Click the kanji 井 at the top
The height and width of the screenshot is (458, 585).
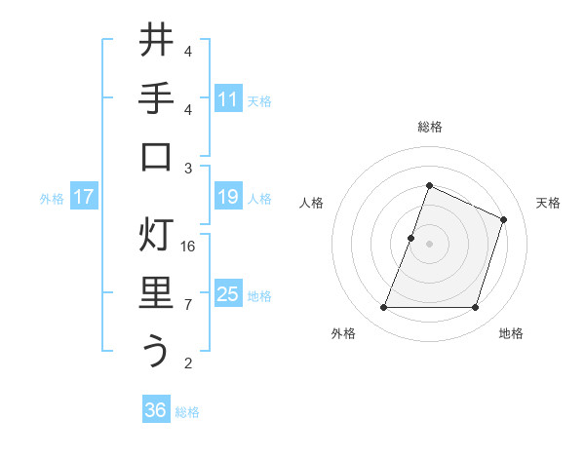click(156, 43)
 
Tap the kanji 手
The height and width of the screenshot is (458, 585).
click(156, 100)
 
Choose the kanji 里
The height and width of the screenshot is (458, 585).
click(156, 293)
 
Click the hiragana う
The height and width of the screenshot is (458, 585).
click(156, 351)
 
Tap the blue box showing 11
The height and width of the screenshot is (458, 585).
click(228, 99)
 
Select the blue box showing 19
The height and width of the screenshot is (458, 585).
click(228, 198)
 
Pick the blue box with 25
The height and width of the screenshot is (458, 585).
click(228, 294)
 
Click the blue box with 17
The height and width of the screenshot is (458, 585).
click(84, 198)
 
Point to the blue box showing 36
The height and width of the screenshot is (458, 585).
click(156, 411)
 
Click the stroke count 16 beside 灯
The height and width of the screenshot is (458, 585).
click(188, 247)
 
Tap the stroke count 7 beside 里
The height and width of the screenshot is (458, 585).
click(188, 305)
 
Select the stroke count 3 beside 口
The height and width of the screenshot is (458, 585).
click(188, 169)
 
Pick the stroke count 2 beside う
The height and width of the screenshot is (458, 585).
click(188, 363)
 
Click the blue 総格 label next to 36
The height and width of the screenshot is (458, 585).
click(187, 412)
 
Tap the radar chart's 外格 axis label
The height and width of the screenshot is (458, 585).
click(342, 334)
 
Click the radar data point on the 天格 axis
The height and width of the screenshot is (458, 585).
click(504, 219)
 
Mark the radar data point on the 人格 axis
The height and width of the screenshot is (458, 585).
click(411, 238)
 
